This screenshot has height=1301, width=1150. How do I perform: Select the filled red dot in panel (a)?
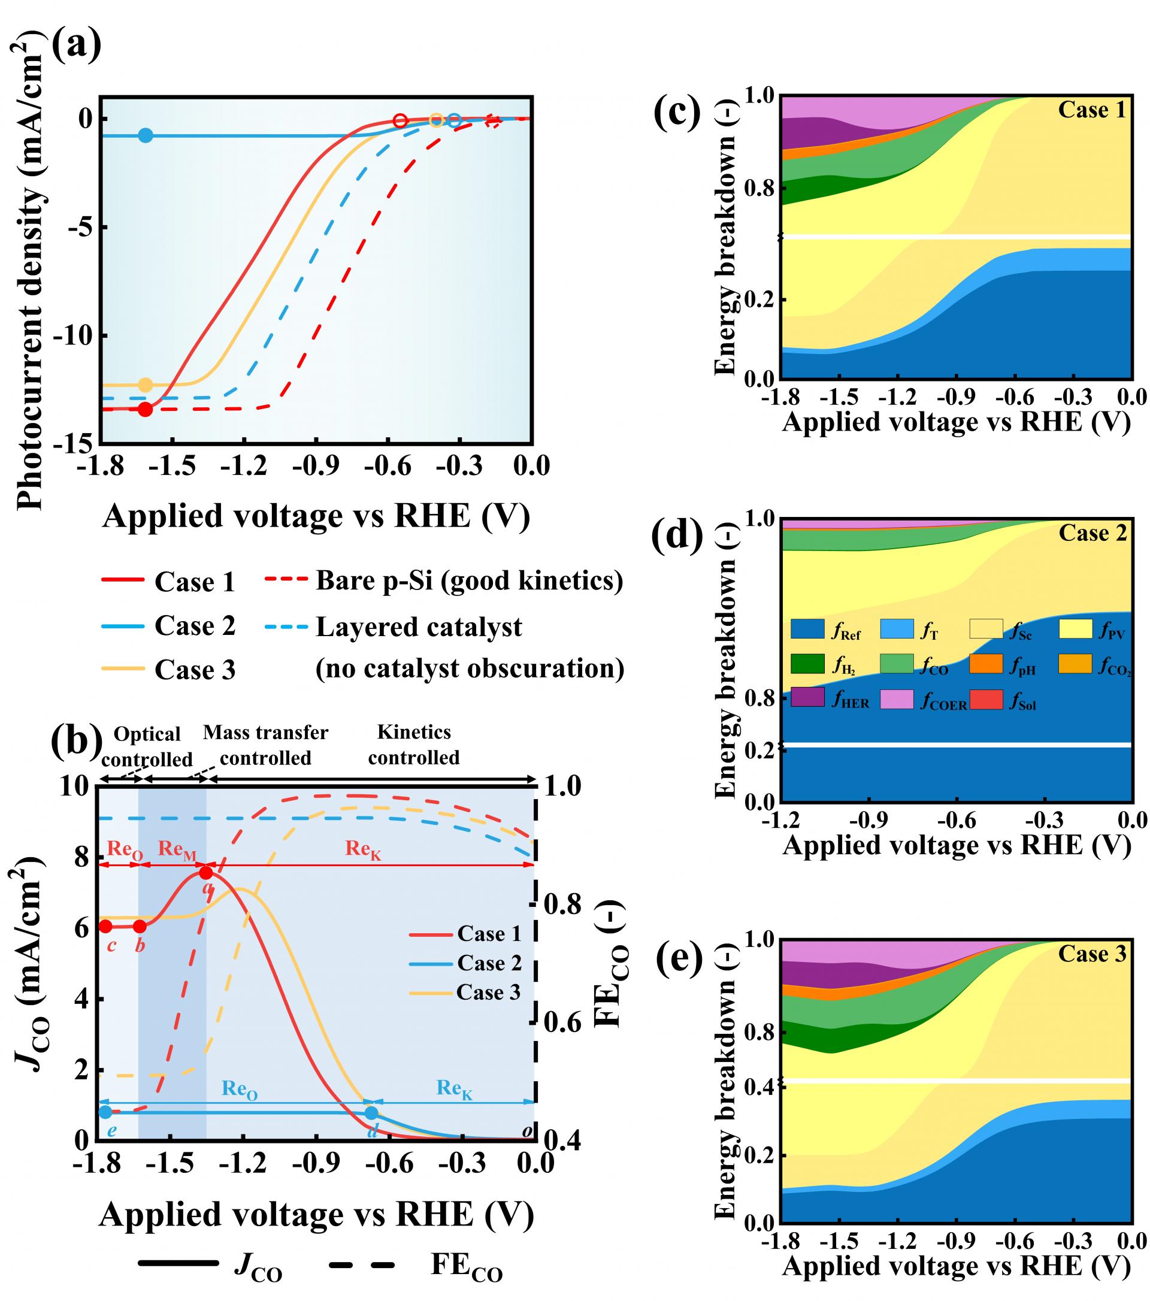tap(146, 409)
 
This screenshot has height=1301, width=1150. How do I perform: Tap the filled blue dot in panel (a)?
tap(146, 135)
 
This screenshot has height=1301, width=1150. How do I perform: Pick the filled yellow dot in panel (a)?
tap(146, 385)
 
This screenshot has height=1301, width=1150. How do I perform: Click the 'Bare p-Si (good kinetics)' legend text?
tap(469, 580)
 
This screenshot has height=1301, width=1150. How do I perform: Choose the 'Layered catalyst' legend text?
tap(419, 627)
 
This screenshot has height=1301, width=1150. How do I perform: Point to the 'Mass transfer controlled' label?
tap(265, 745)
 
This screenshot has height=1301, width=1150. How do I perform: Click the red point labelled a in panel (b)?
tap(206, 873)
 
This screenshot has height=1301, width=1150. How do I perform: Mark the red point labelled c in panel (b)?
tap(105, 926)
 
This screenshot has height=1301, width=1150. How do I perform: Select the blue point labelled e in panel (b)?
tap(105, 1112)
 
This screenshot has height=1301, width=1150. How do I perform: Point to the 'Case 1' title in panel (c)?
tap(1091, 110)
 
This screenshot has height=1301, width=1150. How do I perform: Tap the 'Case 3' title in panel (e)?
tap(1091, 953)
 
